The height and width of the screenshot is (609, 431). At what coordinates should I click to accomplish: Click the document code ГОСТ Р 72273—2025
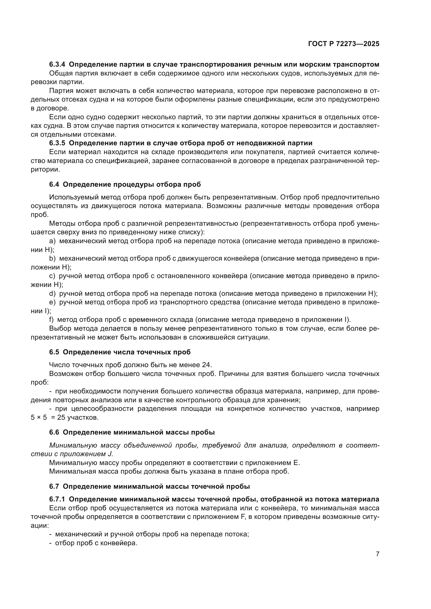click(x=344, y=44)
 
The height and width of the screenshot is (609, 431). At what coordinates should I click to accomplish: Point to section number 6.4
click(x=54, y=184)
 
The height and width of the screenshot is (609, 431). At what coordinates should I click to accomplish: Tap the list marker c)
click(x=52, y=276)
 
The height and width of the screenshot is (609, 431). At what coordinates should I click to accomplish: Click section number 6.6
click(x=54, y=432)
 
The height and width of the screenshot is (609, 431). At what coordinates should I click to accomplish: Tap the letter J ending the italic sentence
click(x=111, y=454)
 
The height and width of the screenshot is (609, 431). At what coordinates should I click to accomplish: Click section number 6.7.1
click(x=57, y=499)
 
